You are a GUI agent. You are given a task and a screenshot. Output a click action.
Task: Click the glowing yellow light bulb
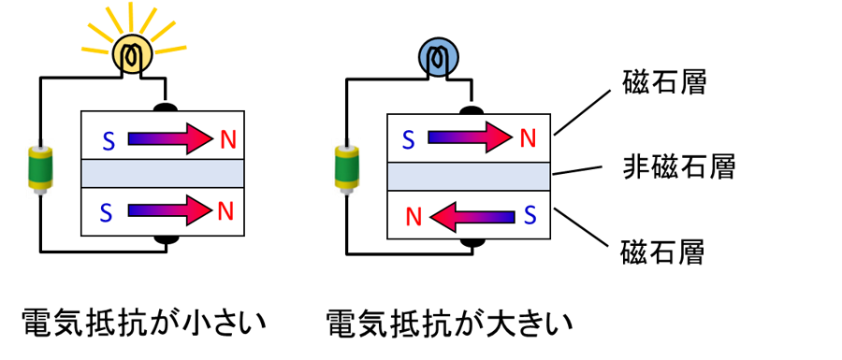point(132,54)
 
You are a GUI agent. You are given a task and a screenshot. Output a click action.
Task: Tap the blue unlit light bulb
point(438,58)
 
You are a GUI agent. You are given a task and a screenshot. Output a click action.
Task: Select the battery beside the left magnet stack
point(40,168)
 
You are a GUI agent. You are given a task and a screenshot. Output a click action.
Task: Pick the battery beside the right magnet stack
point(347,168)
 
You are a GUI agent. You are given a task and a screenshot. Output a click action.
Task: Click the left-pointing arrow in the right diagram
point(472,217)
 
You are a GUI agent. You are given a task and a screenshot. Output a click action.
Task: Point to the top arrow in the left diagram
point(170,138)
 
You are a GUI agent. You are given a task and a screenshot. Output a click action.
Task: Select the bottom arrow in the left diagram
point(170,210)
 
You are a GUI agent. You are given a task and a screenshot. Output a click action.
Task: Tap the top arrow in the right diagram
point(471,137)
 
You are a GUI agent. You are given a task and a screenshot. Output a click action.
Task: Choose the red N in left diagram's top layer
point(228,140)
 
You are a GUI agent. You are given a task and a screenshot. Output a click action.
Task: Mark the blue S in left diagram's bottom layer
point(106,212)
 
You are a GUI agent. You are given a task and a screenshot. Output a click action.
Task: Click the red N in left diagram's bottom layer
point(225,211)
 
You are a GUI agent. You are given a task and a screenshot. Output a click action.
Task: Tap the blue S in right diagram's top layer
point(408,139)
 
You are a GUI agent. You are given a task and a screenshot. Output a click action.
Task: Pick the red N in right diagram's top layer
point(528,138)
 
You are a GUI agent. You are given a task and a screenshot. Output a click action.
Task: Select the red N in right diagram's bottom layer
point(413,217)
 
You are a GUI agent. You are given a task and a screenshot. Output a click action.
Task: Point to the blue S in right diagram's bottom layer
point(530,216)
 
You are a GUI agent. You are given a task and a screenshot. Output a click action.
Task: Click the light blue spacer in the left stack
point(163,174)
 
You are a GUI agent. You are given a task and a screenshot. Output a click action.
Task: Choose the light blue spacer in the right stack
point(469,176)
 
